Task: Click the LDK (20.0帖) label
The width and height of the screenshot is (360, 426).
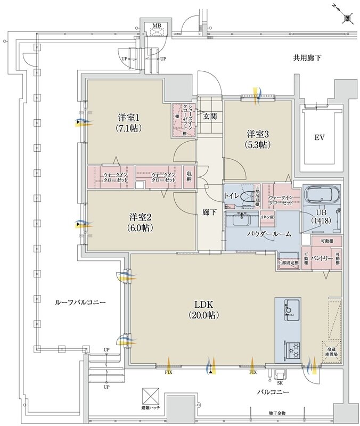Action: [203, 309]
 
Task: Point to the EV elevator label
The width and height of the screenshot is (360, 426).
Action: [319, 137]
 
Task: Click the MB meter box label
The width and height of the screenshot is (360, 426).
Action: [157, 25]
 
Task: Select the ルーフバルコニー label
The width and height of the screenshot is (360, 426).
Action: [80, 302]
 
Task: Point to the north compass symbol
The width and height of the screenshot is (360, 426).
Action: [347, 18]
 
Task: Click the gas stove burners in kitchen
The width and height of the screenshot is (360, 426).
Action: [293, 349]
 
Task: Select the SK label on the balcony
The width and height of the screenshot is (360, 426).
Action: [280, 382]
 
